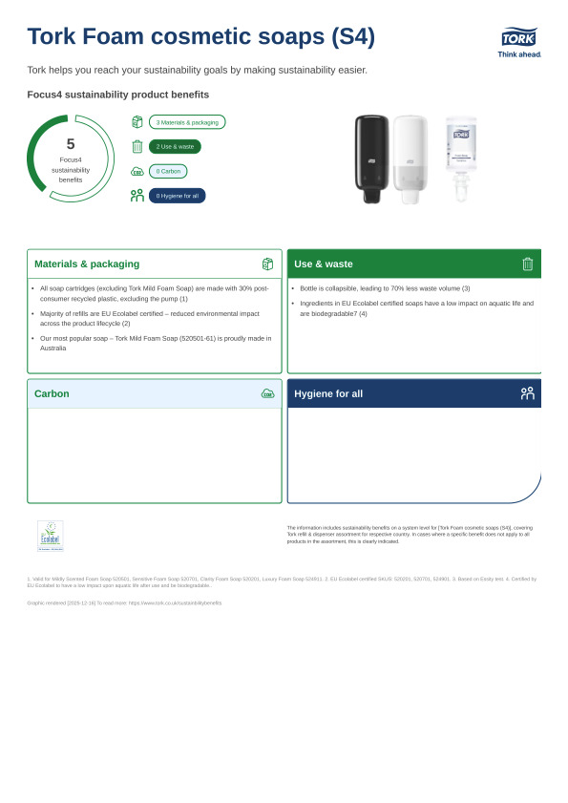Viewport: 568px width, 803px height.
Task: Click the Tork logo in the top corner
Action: tap(518, 38)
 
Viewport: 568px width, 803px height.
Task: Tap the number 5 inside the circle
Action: tap(70, 144)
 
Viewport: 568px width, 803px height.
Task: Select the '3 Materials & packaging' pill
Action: tap(187, 122)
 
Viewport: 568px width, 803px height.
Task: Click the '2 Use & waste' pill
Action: tap(175, 147)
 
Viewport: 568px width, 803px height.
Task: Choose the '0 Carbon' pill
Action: tap(168, 171)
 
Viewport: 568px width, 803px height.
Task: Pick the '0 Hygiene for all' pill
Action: tap(177, 196)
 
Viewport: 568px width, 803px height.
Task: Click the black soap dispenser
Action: tap(371, 158)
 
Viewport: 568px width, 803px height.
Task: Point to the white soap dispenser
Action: tap(410, 158)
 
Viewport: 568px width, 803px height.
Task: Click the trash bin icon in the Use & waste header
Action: tap(527, 264)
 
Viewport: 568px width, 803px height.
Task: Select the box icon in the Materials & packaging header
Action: tap(267, 264)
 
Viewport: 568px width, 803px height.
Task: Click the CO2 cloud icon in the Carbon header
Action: tap(267, 393)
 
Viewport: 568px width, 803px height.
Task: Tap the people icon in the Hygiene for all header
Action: tap(527, 393)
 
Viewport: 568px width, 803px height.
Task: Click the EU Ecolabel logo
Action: tap(50, 536)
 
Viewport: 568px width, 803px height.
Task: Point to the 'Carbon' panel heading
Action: tap(52, 393)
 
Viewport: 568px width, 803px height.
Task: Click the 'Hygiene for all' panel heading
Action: tap(328, 393)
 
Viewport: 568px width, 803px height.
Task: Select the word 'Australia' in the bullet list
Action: tap(53, 349)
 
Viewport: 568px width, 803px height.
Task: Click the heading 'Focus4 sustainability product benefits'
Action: tap(117, 95)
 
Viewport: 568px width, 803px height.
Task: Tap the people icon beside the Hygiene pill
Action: tap(137, 196)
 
